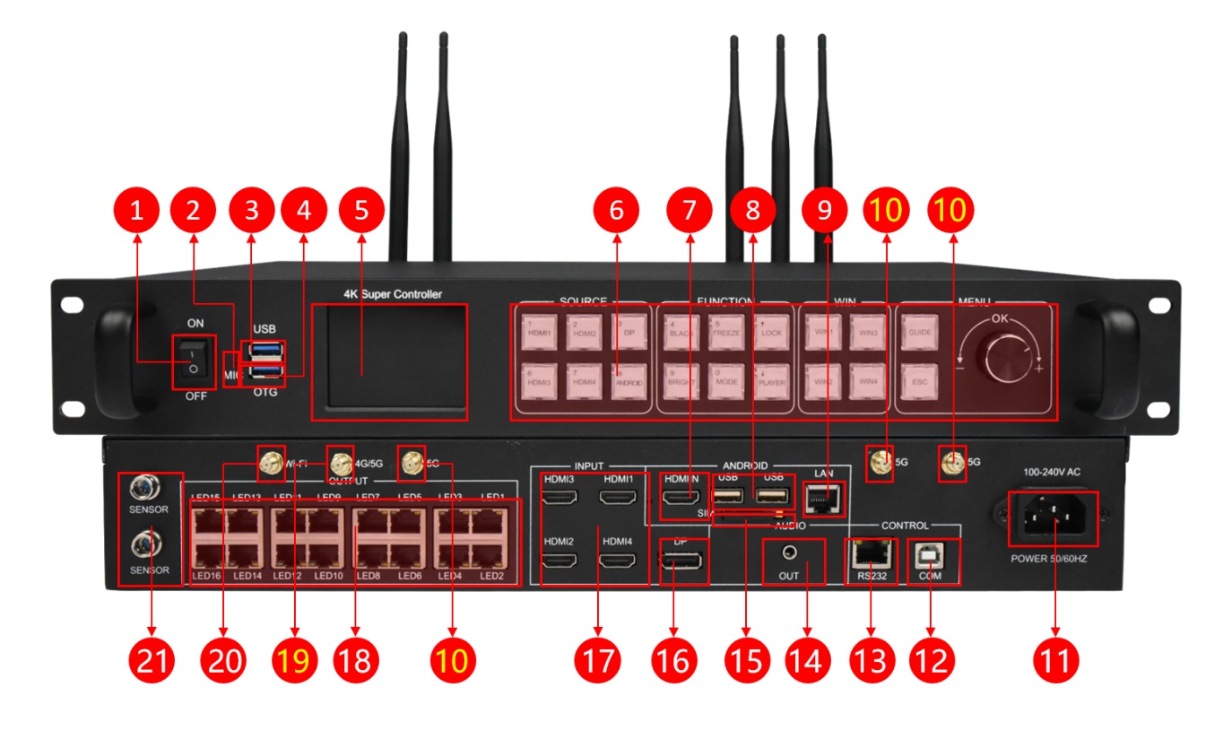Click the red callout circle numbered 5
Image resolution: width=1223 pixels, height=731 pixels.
[361, 211]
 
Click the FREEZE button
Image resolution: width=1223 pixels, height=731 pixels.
[724, 331]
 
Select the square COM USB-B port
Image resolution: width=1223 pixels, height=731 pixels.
[930, 557]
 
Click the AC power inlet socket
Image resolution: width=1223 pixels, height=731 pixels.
[1053, 518]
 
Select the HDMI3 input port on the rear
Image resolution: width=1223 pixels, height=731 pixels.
[560, 496]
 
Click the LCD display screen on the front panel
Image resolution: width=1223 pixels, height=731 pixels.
[389, 361]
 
